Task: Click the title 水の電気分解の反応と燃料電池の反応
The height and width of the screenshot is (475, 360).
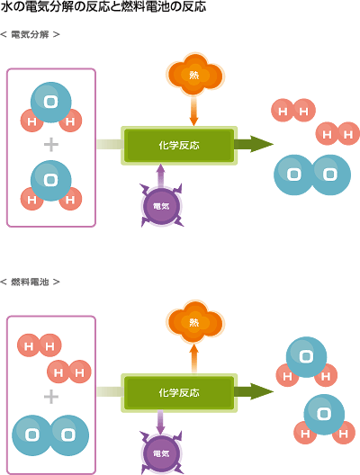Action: coord(103,6)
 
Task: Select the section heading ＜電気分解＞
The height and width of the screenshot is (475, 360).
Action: coord(30,34)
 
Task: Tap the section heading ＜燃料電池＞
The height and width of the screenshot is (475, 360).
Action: coord(30,282)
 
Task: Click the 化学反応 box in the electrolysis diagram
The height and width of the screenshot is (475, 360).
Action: coord(179,146)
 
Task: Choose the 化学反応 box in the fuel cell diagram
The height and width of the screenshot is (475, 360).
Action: coord(179,393)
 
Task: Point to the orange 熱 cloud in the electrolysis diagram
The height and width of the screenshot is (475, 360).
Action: coord(194,75)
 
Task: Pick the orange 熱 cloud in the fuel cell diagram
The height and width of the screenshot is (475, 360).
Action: coord(194,322)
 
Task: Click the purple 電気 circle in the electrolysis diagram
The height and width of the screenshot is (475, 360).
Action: coord(161,206)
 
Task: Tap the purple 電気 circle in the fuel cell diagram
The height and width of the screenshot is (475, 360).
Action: coord(161,453)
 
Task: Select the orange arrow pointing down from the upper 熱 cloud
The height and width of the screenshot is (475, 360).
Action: coord(193,112)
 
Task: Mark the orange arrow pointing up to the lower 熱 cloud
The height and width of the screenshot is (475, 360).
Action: coord(193,359)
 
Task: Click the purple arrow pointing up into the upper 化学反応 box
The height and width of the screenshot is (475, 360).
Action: coord(161,175)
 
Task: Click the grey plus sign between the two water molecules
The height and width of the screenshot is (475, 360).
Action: coord(51,145)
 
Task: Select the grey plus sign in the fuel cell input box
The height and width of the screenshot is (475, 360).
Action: coord(51,397)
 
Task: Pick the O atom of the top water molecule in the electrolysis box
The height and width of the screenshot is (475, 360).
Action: coord(51,102)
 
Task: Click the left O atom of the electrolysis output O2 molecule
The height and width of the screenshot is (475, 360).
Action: coord(293,175)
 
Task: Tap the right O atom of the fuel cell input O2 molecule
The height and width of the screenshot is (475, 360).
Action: coord(68,435)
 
